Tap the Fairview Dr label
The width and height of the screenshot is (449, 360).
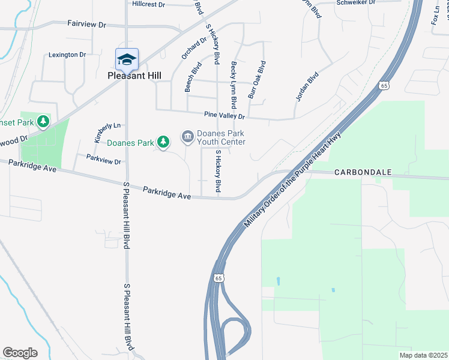(x=86, y=25)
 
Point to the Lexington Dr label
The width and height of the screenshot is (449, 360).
(x=67, y=55)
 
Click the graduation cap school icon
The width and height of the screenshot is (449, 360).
(x=127, y=59)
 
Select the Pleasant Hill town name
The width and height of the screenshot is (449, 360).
(x=134, y=76)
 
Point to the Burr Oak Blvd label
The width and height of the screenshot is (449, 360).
(x=256, y=79)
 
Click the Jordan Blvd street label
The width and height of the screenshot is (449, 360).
(x=306, y=87)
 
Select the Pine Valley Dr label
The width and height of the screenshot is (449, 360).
(x=224, y=116)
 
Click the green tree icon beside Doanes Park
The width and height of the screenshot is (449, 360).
(x=163, y=142)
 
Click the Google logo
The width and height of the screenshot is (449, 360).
(x=20, y=353)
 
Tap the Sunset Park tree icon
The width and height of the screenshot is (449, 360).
(x=43, y=122)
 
